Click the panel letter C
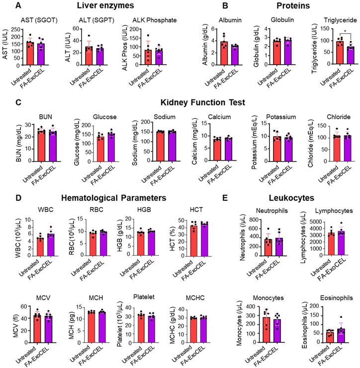(x=18, y=103)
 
